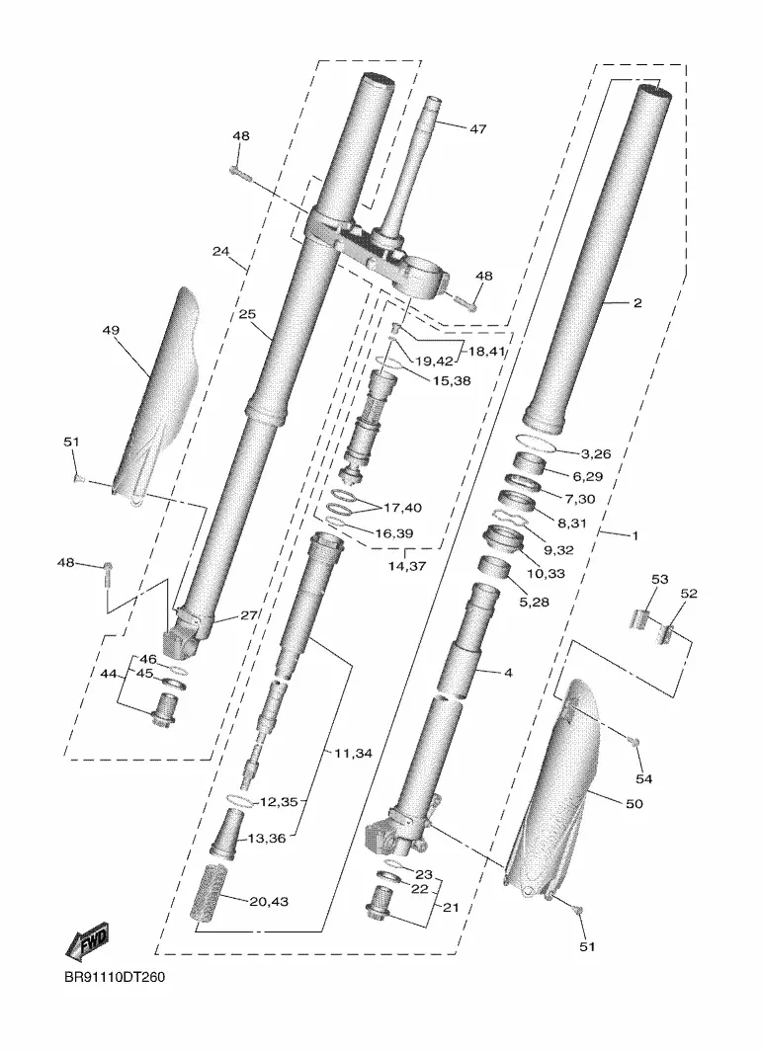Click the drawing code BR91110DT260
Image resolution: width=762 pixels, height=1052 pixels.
coord(115,977)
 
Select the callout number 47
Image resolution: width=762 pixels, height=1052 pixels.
coord(477,128)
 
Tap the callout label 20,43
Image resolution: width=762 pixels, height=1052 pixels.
coord(269,902)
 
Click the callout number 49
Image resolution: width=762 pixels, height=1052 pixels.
coord(111,330)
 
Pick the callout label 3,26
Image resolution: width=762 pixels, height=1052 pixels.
coord(596,453)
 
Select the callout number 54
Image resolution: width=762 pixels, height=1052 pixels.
coord(643,779)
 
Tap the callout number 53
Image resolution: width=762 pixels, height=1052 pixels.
coord(660,579)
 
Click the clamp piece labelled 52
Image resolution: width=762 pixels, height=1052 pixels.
coord(665,632)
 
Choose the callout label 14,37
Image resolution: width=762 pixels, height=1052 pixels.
coord(407,566)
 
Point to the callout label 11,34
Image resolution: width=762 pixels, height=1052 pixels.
coord(353,754)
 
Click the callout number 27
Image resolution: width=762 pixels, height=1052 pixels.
coord(248,615)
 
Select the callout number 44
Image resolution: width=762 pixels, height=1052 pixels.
coord(108,674)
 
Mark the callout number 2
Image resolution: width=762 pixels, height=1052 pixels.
coord(637,303)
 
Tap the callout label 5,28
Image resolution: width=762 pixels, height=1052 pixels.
coord(534,603)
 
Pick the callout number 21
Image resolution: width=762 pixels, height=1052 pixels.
coord(451,908)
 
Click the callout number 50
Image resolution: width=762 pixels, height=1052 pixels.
coord(634,804)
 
